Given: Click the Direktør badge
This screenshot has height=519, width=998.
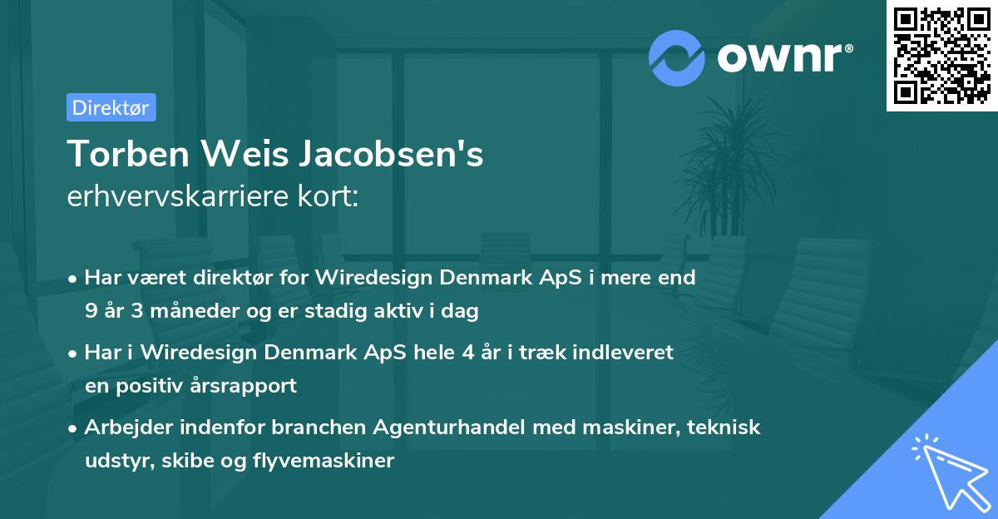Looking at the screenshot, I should pos(111,107).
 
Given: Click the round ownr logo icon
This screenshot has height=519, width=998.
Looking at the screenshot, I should pos(677,57).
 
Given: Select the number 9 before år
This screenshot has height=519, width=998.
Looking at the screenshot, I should pos(90,312).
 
